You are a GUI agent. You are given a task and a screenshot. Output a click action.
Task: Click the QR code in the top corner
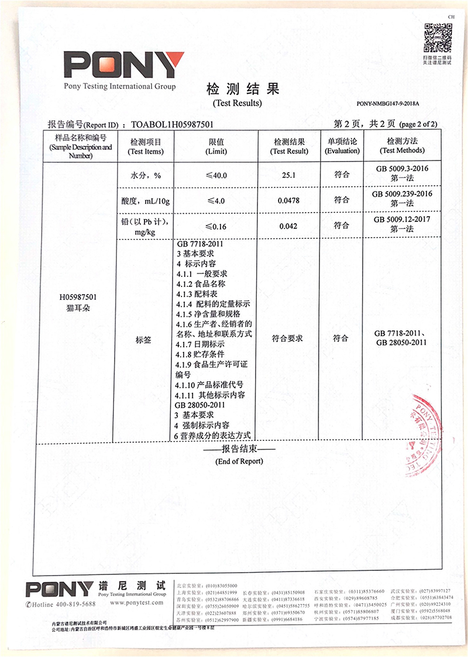click(437, 37)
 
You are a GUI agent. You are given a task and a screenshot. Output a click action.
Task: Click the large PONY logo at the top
click(123, 66)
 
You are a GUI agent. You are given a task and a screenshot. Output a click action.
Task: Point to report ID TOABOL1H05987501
click(172, 125)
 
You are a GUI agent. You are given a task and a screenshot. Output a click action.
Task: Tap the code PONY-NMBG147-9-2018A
click(388, 104)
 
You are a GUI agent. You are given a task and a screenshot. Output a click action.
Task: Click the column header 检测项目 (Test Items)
click(146, 146)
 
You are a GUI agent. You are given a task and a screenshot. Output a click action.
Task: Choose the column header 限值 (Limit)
click(216, 146)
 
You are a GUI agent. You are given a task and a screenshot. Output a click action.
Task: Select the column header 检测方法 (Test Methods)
click(401, 146)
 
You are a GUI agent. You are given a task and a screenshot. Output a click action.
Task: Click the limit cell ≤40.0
click(216, 175)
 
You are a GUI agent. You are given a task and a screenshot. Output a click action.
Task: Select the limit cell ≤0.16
click(216, 226)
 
